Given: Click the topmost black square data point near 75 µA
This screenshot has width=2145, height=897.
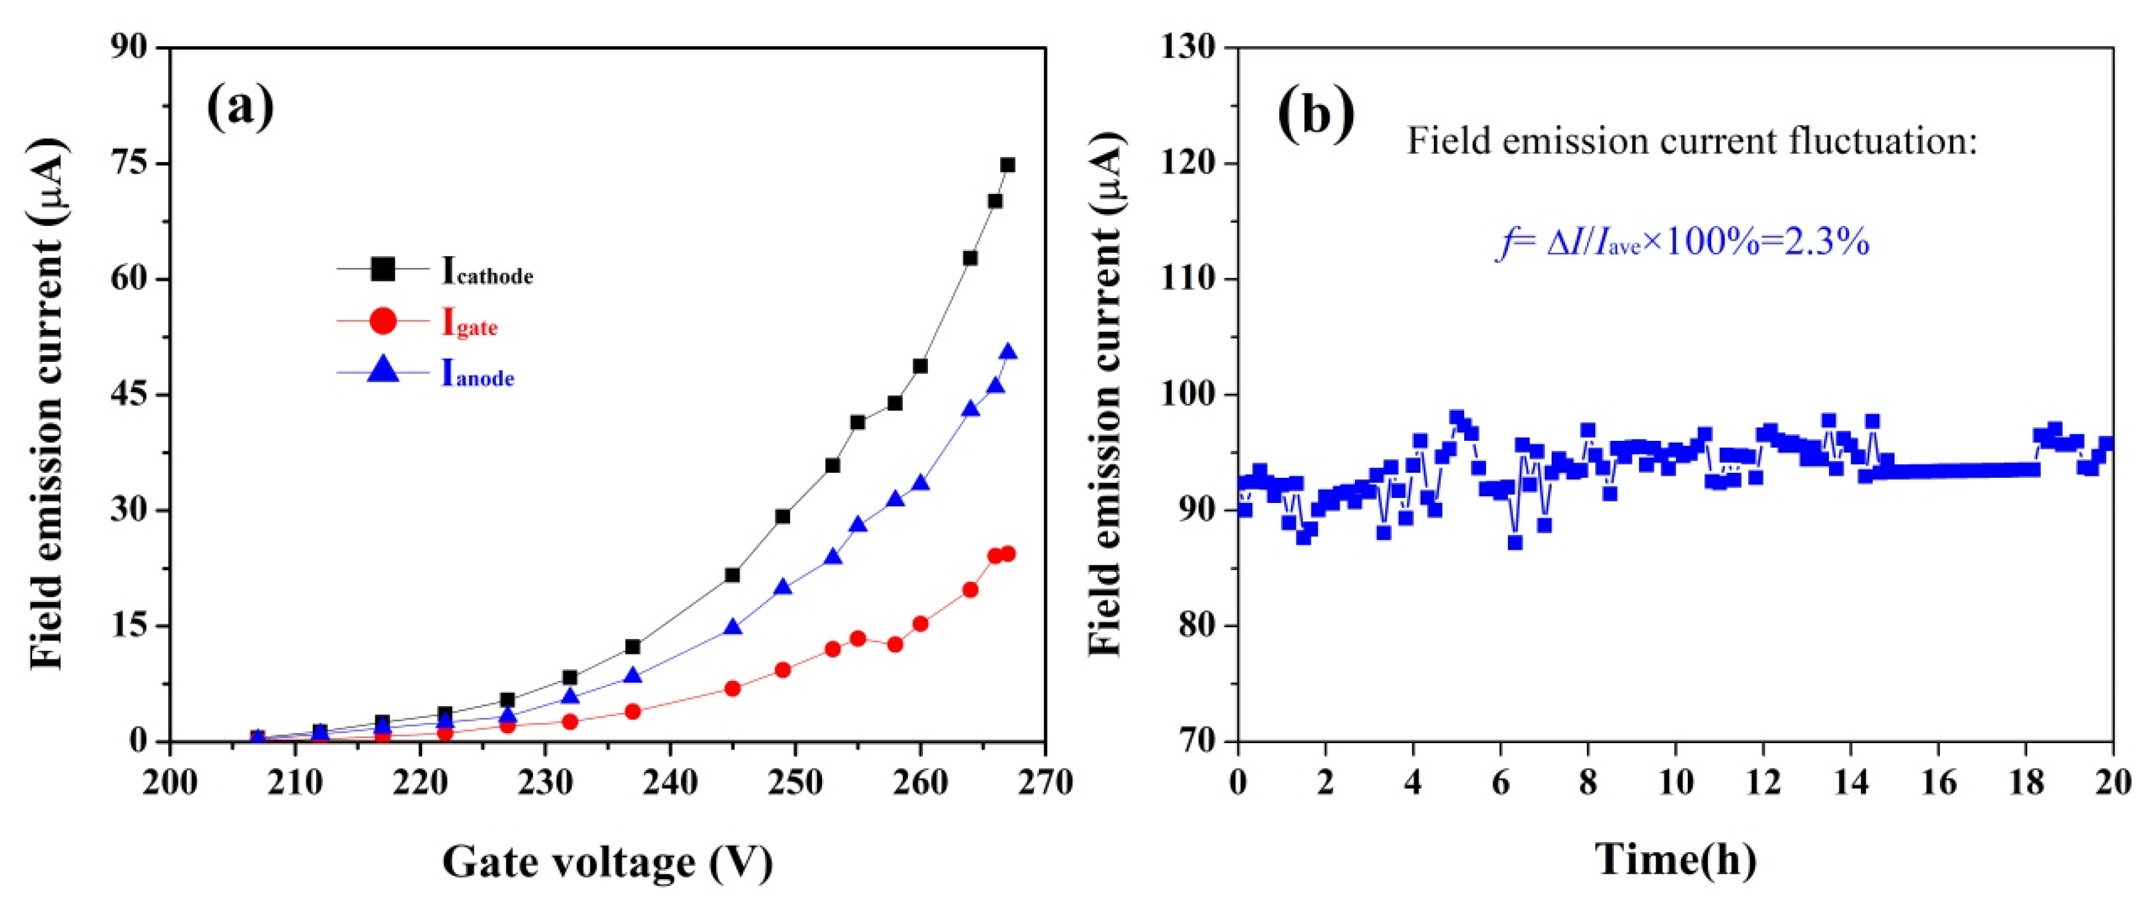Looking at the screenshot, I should point(1007,165).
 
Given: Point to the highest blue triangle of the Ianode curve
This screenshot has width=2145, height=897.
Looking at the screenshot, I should point(1007,352).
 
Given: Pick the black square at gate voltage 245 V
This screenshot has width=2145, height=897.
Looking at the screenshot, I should point(733,575).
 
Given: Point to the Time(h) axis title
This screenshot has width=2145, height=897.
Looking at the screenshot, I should point(1675,859).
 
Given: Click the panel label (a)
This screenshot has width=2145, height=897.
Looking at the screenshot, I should point(240,108).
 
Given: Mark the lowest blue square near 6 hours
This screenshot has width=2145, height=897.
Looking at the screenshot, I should point(1515,542).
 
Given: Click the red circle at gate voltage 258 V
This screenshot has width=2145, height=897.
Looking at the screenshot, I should point(895,644).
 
